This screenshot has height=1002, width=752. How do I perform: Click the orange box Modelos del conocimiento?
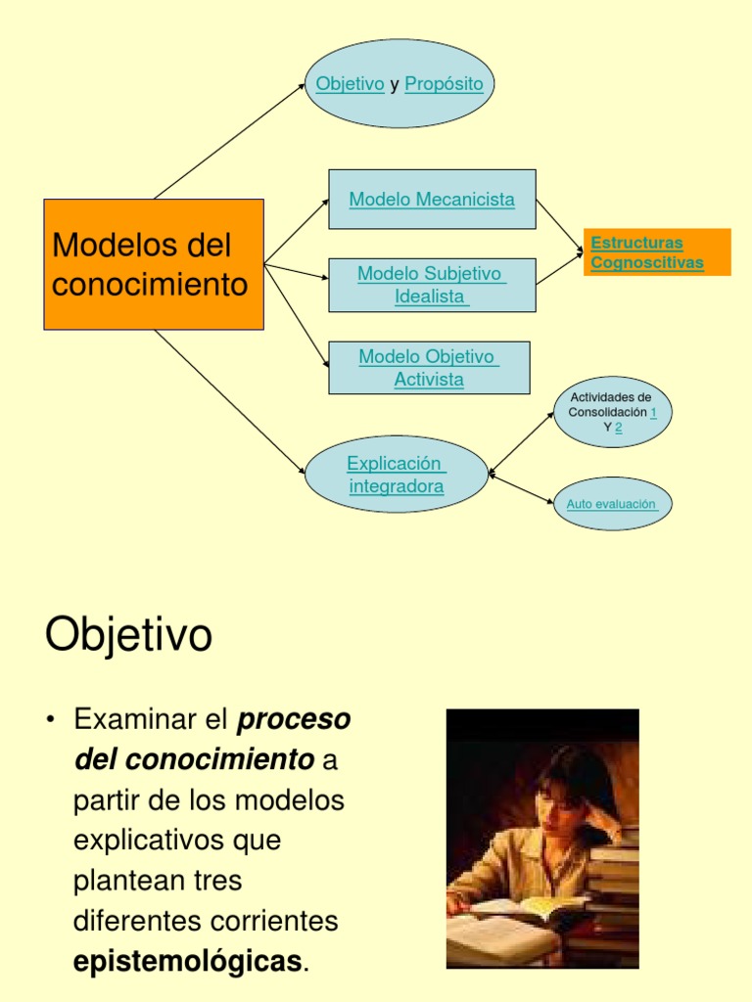pos(154,264)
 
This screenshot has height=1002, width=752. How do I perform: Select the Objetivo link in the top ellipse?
pos(350,84)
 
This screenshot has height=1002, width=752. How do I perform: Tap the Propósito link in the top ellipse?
pos(444,84)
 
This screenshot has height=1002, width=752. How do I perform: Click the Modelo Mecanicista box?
pos(432,200)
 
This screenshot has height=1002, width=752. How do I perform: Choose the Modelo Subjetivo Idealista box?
pos(432,285)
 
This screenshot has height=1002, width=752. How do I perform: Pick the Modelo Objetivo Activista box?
pos(429,368)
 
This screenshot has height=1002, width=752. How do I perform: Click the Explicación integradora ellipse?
pos(397,475)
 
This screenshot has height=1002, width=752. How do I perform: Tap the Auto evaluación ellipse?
pos(613,504)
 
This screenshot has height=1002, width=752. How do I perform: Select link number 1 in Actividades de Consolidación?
pos(653,413)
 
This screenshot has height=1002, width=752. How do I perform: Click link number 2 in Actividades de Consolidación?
pos(619,428)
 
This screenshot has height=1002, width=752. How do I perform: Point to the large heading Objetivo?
pos(128,636)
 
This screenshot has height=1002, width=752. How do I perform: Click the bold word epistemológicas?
pos(188,962)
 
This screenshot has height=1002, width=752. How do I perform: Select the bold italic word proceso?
pos(294,719)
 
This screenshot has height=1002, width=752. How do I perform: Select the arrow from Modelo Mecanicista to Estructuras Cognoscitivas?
pos(559,224)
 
